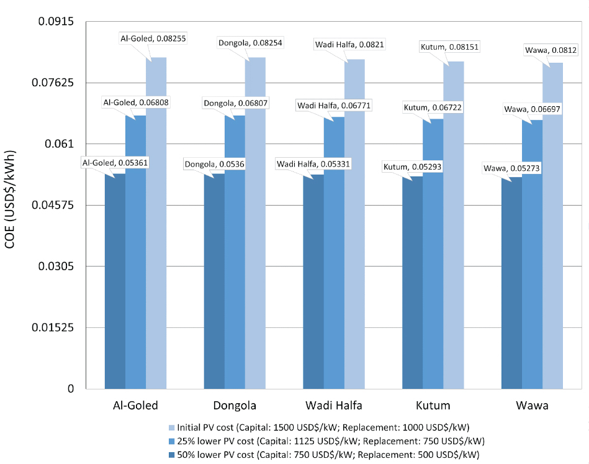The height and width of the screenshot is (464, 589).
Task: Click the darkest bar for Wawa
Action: [x=511, y=283]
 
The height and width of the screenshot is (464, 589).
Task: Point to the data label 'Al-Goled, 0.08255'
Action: [x=153, y=39]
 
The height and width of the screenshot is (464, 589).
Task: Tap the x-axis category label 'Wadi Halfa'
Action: [x=334, y=407]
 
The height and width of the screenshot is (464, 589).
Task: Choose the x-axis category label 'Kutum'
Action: [x=433, y=407]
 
